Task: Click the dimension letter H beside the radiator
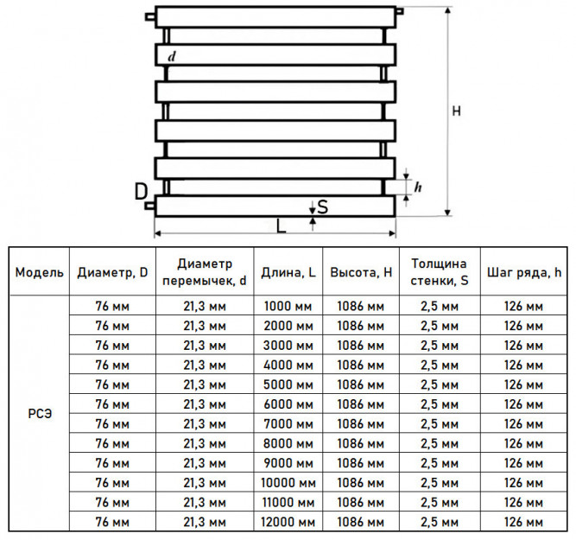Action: point(456,111)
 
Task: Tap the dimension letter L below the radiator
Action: point(281,226)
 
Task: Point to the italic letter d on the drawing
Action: point(172,56)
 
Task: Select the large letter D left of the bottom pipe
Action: point(141,192)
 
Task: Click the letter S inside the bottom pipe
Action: point(322,207)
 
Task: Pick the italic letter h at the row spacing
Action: point(418,187)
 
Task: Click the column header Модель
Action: point(40,272)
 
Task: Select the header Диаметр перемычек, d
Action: point(205,272)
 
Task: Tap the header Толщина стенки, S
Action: point(440,272)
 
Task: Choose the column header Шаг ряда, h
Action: point(524,272)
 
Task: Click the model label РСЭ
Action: point(40,414)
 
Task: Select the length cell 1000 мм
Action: point(288,306)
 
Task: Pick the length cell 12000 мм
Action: point(288,522)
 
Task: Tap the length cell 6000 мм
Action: point(288,404)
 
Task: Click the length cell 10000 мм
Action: point(288,482)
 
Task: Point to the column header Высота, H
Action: point(361,272)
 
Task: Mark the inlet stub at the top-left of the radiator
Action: point(150,17)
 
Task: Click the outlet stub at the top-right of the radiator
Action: point(400,11)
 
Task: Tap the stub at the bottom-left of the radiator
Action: point(150,206)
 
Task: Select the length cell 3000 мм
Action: point(288,346)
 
